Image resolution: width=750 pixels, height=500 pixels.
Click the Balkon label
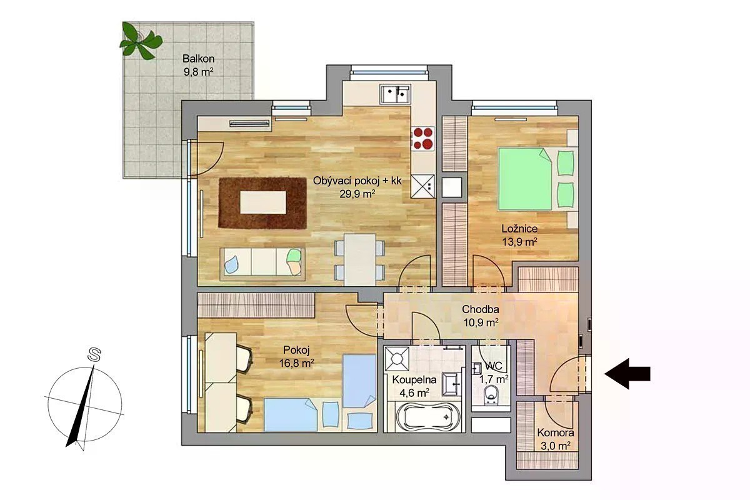pos(198,59)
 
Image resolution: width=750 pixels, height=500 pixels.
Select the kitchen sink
pos(395,94)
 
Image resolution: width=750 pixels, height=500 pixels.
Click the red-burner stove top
pos(423,138)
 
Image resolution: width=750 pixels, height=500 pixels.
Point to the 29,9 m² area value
pos(357,194)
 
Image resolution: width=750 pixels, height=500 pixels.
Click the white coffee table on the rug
pos(263,202)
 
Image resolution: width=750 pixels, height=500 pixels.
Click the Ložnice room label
pos(519,229)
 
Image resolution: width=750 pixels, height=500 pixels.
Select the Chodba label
pos(481,309)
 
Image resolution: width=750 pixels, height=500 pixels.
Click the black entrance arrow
pos(627,374)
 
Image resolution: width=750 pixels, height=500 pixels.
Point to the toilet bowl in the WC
pos(491,395)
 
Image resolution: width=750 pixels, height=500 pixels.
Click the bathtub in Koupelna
pos(424,417)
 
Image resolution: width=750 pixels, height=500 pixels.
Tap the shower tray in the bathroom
pos(397,359)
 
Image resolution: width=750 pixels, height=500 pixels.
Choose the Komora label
pos(556,432)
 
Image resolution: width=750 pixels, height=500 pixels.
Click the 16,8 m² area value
pos(297,363)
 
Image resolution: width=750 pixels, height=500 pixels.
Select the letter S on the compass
pos(94,356)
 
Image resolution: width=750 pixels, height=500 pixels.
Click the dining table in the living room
pos(360,259)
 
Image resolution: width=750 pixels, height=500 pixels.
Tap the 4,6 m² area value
pos(414,392)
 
